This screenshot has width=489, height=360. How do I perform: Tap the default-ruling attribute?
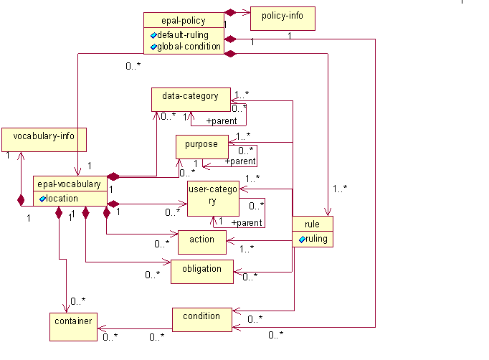(x=186, y=34)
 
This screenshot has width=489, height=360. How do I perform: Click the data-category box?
(x=189, y=99)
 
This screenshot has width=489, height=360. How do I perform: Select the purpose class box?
(x=201, y=146)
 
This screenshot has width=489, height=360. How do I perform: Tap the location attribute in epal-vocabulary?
(x=62, y=198)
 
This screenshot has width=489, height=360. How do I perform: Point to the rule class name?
(x=312, y=224)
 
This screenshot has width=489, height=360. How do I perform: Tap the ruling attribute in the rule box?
(x=315, y=239)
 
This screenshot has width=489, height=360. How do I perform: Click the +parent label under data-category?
(x=222, y=121)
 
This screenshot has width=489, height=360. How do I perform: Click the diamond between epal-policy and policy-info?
(x=230, y=12)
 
